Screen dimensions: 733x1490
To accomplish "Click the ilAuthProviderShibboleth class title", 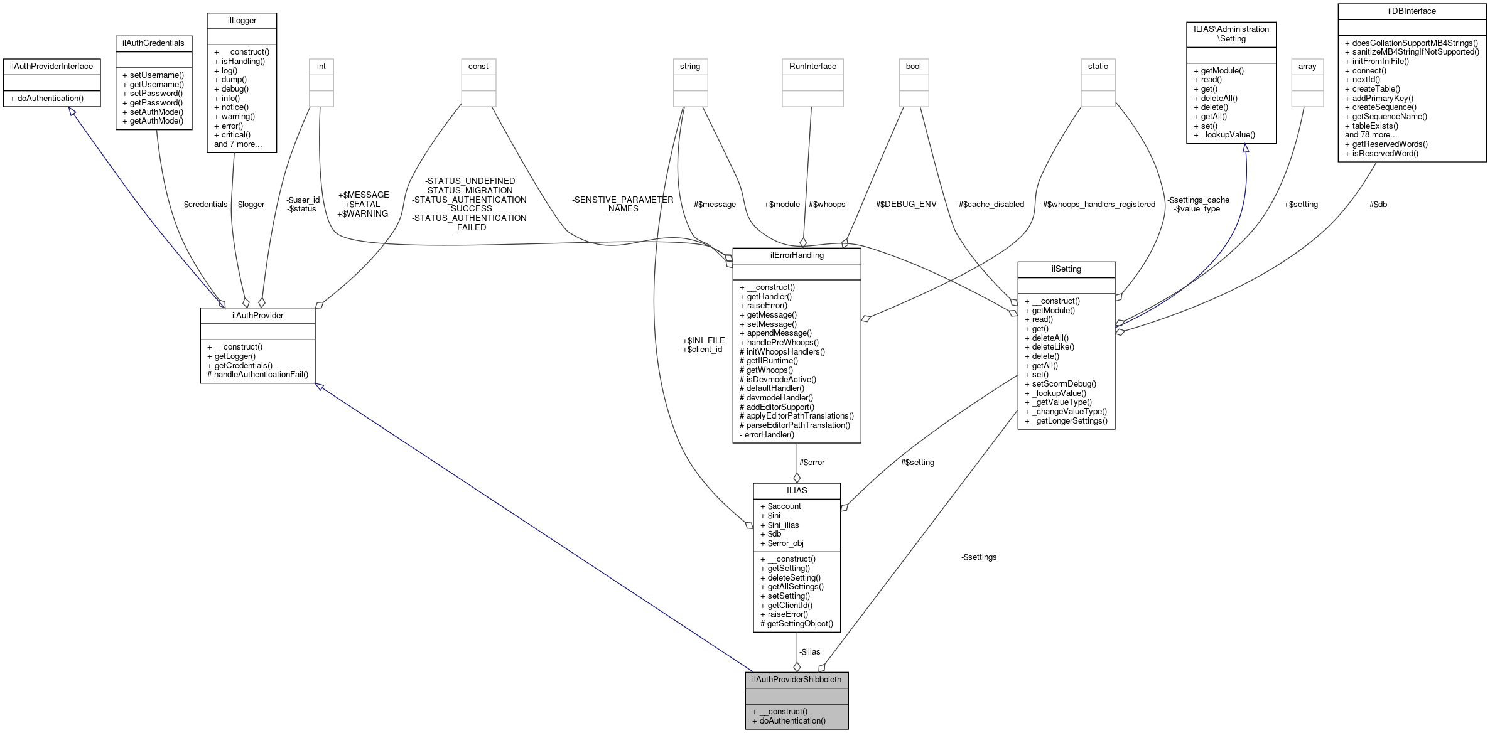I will [796, 679].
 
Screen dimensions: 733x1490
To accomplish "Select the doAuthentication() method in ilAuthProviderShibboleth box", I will [792, 720].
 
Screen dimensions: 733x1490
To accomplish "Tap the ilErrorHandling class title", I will [796, 255].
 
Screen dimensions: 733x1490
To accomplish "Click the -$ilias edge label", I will [810, 651].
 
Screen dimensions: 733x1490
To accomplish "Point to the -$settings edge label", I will [978, 557].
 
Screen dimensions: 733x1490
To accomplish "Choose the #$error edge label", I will [811, 462].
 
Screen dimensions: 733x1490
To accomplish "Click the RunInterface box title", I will [812, 66].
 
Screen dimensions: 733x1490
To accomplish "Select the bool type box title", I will [913, 66].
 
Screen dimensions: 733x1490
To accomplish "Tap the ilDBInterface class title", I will [1412, 11].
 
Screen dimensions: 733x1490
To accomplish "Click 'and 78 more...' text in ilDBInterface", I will [1371, 134].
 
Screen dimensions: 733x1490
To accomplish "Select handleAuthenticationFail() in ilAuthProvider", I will [261, 374].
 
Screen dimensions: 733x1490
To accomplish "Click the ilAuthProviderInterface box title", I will [51, 66].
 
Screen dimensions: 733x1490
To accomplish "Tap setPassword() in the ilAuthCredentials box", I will [156, 93].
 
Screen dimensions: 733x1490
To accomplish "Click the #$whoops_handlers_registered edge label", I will [1098, 204].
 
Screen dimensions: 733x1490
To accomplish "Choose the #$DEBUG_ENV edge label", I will [905, 204].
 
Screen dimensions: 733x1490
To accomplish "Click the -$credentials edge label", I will [204, 204].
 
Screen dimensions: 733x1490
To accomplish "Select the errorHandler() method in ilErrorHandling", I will [769, 434].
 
